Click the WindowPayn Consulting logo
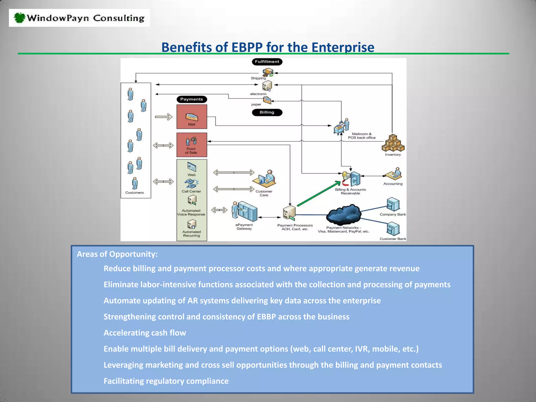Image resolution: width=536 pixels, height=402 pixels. [79, 18]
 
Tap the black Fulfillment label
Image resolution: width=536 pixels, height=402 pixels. [267, 62]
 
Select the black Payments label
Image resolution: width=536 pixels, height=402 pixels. [192, 99]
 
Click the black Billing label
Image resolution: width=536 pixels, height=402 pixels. [267, 112]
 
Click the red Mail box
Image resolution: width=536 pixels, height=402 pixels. [192, 117]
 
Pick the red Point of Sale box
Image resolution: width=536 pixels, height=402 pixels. [192, 145]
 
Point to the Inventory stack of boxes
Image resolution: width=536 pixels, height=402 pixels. [393, 143]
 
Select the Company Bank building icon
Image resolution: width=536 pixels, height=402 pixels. [393, 204]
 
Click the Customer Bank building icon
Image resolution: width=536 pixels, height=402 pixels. [393, 229]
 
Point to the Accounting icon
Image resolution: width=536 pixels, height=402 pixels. [393, 174]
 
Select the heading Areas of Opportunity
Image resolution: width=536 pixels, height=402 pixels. [117, 254]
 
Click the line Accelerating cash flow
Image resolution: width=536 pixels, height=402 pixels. [145, 333]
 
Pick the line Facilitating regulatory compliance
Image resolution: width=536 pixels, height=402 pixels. [166, 381]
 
